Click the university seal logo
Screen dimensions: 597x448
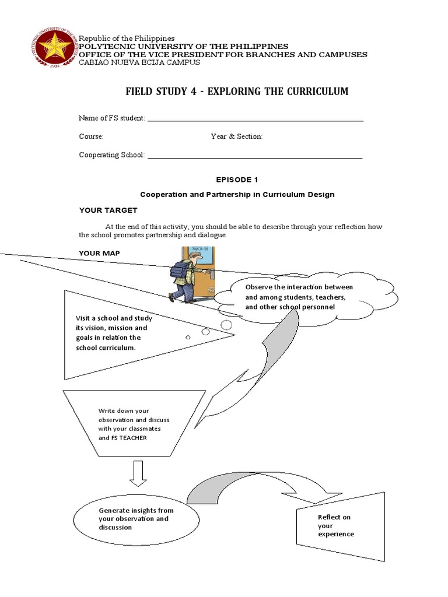coord(53,46)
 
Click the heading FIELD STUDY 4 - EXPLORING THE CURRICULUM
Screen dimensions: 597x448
coord(237,92)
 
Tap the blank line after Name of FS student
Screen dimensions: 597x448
coord(256,120)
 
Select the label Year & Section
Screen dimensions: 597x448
coord(236,136)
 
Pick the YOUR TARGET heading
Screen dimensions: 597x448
coord(108,210)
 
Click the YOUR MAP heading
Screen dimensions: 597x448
coord(99,253)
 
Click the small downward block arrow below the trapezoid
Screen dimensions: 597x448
coord(138,473)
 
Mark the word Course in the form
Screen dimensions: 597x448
coord(91,136)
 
